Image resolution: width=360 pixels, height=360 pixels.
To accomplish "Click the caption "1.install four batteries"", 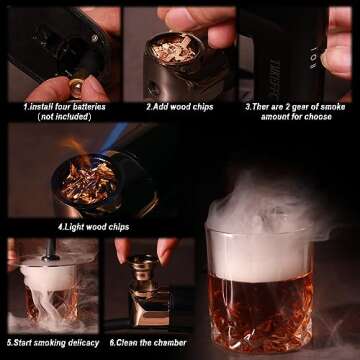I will point(61,104).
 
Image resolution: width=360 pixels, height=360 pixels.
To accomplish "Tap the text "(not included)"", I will point(61,115).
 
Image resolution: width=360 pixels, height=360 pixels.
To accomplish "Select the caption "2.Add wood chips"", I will point(179,104).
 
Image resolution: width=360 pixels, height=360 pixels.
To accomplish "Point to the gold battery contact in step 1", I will point(73,77).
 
